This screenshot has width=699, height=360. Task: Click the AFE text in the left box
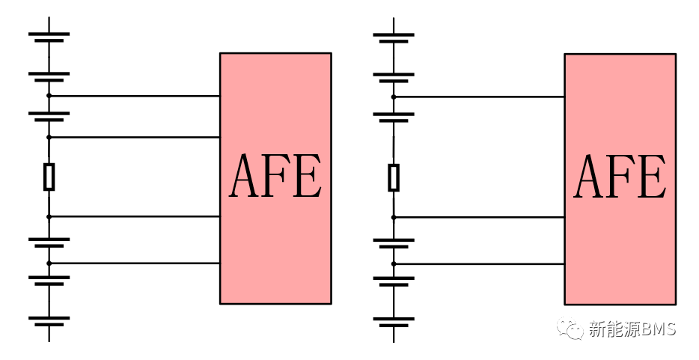(275, 177)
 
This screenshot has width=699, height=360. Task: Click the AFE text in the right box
(620, 177)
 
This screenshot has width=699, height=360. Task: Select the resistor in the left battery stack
(49, 177)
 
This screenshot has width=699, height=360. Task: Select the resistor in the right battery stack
(394, 177)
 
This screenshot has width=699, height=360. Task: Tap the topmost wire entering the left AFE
(135, 96)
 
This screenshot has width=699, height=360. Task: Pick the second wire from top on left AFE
(135, 137)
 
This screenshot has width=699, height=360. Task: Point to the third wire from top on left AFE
(135, 216)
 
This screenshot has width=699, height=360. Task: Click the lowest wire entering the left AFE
(135, 263)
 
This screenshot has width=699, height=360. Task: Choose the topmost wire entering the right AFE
(479, 97)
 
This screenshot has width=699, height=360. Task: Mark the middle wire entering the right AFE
(479, 217)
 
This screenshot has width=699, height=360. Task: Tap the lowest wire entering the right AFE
(479, 264)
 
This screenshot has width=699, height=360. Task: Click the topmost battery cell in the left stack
(49, 37)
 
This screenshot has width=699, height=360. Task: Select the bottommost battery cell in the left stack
(49, 321)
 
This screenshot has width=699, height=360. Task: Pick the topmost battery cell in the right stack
(394, 37)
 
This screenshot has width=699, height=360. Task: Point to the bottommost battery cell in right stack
(394, 322)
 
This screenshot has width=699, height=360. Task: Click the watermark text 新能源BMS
(632, 329)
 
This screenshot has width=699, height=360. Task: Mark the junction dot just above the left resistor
(49, 137)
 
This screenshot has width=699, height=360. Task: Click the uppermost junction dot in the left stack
(49, 96)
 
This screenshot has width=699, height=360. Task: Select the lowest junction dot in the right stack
(394, 264)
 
